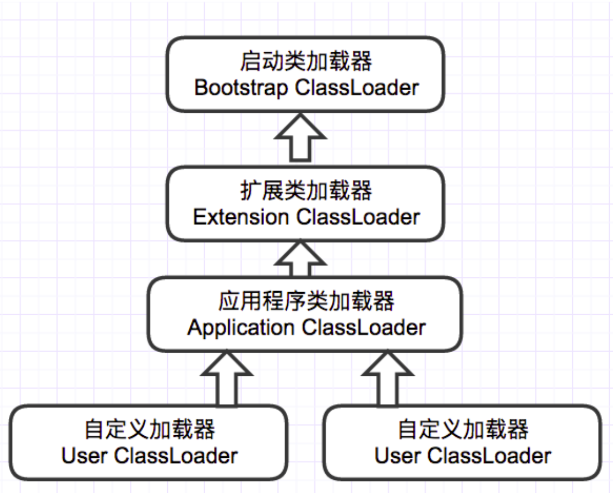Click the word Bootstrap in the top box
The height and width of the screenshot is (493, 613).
tap(240, 88)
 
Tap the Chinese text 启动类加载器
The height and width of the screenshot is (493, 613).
tap(306, 62)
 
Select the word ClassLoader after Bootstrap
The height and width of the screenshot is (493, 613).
tap(357, 87)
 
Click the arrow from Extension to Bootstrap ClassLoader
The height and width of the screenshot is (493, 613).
tap(300, 138)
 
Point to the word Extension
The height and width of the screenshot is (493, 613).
tap(241, 217)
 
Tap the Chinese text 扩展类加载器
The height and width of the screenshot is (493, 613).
tap(306, 190)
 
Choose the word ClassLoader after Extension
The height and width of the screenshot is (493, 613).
tap(358, 217)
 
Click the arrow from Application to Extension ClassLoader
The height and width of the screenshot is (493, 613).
tap(300, 259)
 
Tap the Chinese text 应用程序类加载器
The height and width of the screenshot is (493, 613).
tap(306, 301)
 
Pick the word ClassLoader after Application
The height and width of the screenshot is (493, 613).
tap(364, 327)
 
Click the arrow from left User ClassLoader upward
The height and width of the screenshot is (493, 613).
tap(226, 379)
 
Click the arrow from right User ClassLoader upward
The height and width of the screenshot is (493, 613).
tap(387, 379)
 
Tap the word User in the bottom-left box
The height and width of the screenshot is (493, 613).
tap(84, 456)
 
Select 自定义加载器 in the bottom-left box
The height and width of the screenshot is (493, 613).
tap(150, 429)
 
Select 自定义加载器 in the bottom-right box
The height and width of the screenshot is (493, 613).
tap(463, 429)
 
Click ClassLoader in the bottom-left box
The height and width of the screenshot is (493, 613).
tap(176, 456)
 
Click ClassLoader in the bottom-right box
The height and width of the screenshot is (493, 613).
tap(489, 456)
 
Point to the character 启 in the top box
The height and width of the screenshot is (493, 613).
tap(250, 62)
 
